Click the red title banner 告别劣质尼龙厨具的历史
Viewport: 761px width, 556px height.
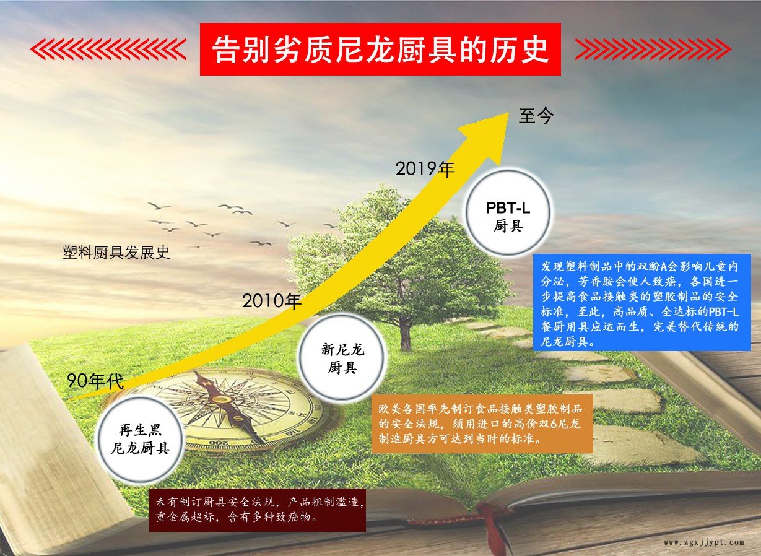click(x=380, y=50)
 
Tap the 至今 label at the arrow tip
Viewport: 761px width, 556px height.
click(x=536, y=116)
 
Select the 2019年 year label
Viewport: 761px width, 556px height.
click(x=425, y=169)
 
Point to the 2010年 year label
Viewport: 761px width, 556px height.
click(x=272, y=300)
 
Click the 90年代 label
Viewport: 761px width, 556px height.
click(x=95, y=380)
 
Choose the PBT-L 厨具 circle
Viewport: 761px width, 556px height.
click(x=508, y=213)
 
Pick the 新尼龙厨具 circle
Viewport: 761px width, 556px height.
click(x=342, y=357)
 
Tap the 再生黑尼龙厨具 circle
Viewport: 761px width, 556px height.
click(x=141, y=439)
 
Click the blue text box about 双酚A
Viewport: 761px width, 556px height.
click(x=641, y=303)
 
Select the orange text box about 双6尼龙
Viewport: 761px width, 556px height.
click(x=482, y=424)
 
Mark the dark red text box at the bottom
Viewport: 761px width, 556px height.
click(x=258, y=510)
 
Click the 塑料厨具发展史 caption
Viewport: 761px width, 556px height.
click(x=116, y=253)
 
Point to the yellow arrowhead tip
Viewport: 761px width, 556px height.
click(x=508, y=113)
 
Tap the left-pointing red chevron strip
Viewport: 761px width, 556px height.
click(x=108, y=50)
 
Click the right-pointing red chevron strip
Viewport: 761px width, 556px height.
click(x=653, y=50)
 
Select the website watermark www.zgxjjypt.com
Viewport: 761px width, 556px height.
click(x=704, y=542)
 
